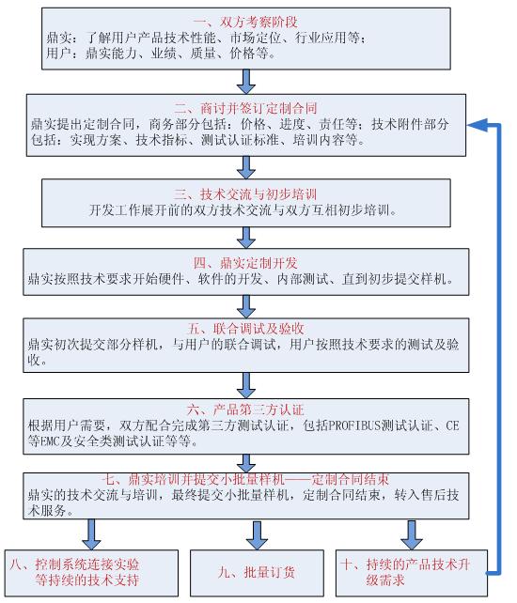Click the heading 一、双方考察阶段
tap(245, 23)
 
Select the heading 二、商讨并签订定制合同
tap(245, 108)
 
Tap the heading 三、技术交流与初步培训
tap(245, 194)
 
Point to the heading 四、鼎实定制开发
tap(245, 263)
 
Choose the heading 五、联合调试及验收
tap(245, 329)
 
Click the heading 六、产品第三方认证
tap(245, 410)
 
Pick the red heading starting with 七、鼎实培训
tap(245, 480)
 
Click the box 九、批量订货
tap(257, 573)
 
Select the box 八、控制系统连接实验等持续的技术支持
tap(91, 573)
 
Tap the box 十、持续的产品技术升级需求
tap(412, 573)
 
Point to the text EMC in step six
tap(50, 441)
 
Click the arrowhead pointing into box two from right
tap(478, 125)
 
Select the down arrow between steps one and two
tap(246, 82)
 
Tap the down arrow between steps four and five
tap(246, 307)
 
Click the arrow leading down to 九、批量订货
tap(257, 535)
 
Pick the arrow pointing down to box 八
tap(91, 534)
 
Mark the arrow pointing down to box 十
tap(412, 535)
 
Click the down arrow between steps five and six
tap(246, 386)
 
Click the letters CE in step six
tap(452, 426)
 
